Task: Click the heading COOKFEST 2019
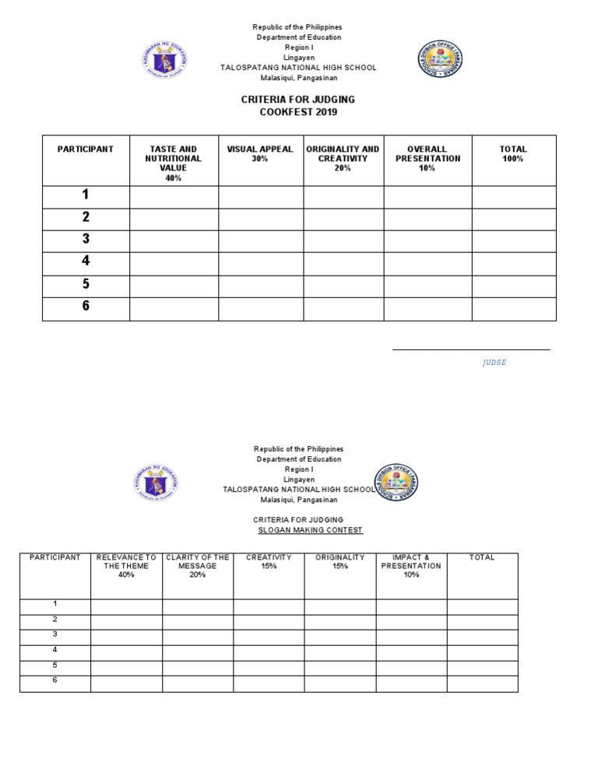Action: [x=299, y=113]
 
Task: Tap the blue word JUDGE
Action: [x=494, y=363]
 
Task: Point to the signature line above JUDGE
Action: [x=471, y=349]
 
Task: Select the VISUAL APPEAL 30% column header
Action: [x=260, y=153]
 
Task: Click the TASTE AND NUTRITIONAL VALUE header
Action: [x=173, y=163]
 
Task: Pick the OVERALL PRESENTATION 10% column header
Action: [x=427, y=158]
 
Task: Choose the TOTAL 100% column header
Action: [x=513, y=153]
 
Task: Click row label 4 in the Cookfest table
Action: [x=86, y=262]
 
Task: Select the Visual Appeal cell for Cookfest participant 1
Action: [x=260, y=196]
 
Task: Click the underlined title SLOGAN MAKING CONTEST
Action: [x=310, y=531]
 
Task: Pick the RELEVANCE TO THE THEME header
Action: [x=126, y=566]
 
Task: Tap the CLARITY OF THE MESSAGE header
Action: [x=198, y=566]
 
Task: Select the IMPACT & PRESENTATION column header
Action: [x=411, y=566]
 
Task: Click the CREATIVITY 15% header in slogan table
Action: [x=269, y=562]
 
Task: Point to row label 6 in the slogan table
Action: [x=55, y=681]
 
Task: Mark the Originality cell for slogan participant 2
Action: [x=339, y=621]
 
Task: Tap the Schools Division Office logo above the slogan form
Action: [x=394, y=483]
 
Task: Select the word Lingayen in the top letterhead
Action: [x=299, y=58]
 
